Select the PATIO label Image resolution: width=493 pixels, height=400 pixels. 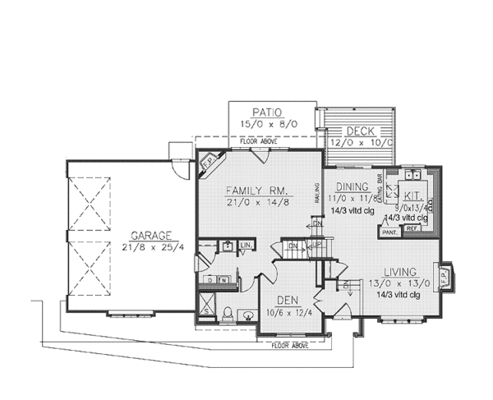267,113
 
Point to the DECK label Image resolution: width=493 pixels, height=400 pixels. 359,131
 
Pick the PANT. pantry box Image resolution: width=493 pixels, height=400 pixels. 389,232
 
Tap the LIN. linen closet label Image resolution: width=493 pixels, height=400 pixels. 246,246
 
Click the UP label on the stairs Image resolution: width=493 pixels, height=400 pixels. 316,245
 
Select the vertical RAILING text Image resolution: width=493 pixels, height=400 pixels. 316,193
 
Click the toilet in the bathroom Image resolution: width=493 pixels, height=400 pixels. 226,312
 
